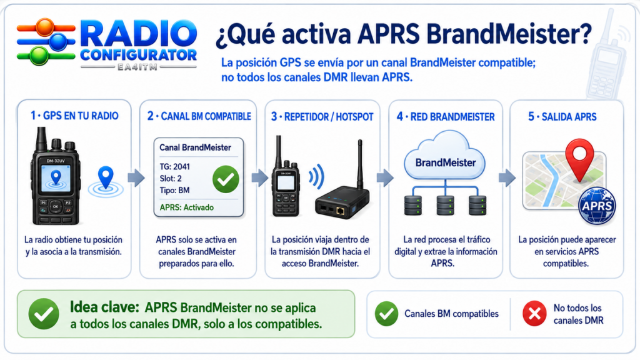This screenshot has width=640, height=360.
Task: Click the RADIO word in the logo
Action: click(x=139, y=34)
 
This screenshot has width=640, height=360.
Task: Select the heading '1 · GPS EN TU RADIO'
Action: click(x=74, y=116)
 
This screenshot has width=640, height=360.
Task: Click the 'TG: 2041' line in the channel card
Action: click(x=175, y=166)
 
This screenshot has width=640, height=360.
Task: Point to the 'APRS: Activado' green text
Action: click(x=186, y=207)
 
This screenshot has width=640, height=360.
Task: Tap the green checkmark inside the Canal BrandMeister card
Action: click(x=226, y=179)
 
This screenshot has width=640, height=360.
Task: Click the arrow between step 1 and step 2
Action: click(x=136, y=177)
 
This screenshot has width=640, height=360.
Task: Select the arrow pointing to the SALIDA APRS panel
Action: click(x=507, y=177)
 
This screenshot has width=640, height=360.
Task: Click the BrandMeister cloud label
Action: click(x=446, y=163)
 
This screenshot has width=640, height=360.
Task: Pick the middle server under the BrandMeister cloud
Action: click(x=445, y=205)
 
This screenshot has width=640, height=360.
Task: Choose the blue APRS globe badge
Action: click(x=597, y=206)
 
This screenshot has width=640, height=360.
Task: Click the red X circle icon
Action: click(x=534, y=314)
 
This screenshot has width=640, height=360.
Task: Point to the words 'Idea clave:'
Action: click(x=104, y=307)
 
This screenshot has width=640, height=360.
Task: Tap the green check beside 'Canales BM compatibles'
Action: click(x=386, y=314)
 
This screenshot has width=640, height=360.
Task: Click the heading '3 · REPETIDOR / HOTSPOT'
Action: click(x=322, y=117)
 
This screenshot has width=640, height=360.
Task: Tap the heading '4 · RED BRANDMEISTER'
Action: click(x=446, y=117)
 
